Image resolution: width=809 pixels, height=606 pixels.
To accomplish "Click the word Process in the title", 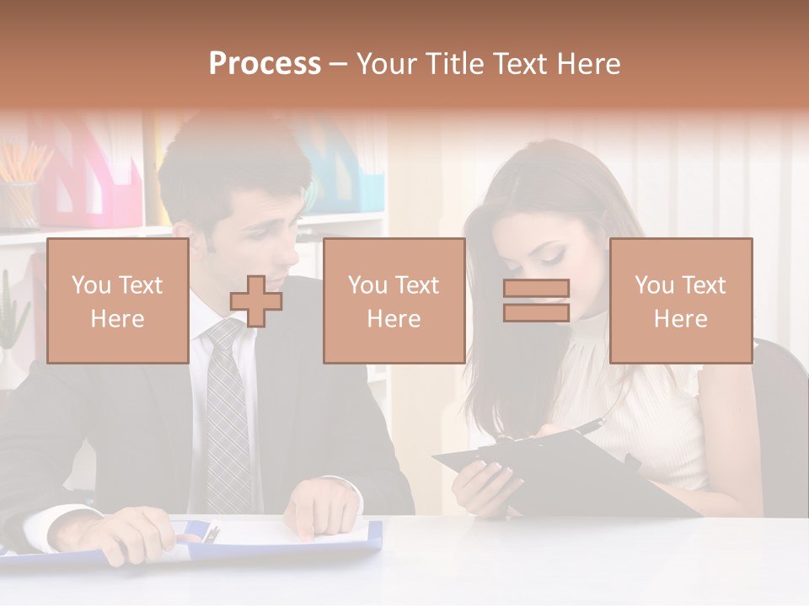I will click(265, 64).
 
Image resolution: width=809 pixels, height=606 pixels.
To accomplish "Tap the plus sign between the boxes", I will click(256, 301).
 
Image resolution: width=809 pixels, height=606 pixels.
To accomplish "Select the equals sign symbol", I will click(536, 300).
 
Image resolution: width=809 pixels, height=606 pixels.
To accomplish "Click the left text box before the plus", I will click(117, 300).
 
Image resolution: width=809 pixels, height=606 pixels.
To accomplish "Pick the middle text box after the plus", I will click(394, 300).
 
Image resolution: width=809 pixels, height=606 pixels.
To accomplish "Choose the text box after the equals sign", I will click(680, 300).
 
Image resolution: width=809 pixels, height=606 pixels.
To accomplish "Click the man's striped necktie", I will click(228, 421).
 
